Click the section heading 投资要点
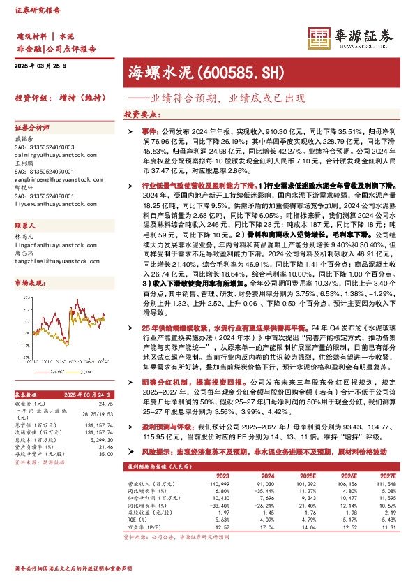142,113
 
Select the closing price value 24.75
105,404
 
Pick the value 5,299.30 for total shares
100,441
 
